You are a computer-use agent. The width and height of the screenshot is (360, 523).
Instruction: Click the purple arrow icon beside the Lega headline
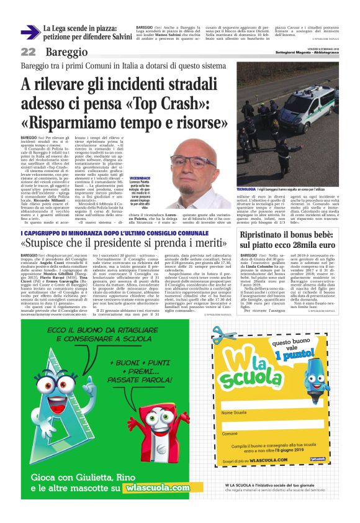30,32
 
